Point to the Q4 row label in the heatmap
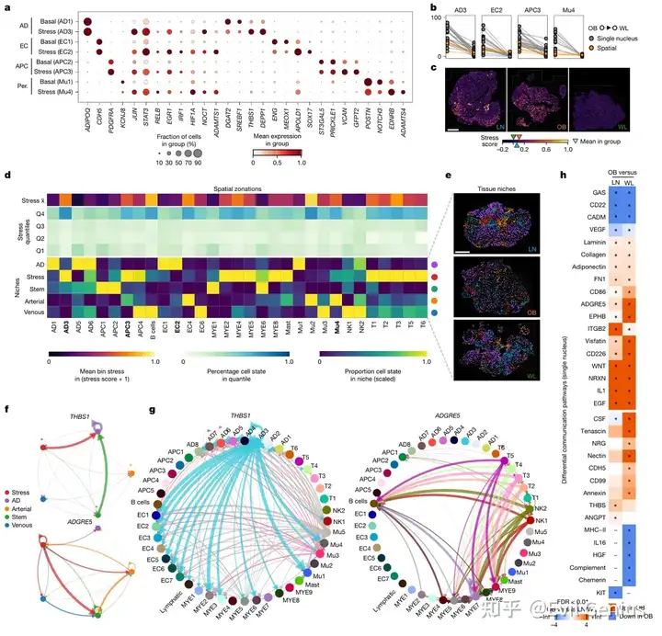pyautogui.click(x=36, y=212)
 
